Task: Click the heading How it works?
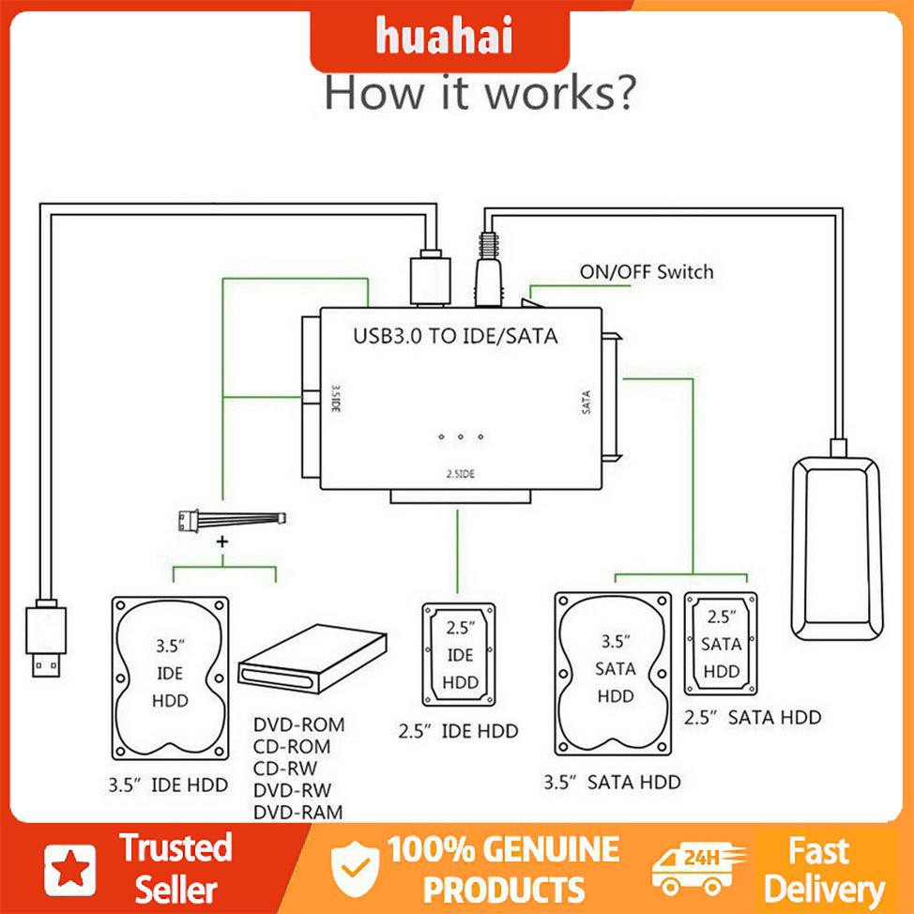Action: [480, 94]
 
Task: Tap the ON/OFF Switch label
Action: [646, 272]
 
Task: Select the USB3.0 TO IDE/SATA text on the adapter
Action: [454, 335]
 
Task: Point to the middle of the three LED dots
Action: [460, 437]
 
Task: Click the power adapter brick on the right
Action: [837, 545]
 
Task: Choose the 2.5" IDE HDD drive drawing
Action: [460, 654]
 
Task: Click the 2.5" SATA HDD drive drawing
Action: [721, 645]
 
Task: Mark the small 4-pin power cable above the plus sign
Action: [231, 519]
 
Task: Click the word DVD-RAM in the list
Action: [298, 813]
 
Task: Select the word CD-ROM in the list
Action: [292, 747]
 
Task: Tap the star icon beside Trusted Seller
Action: [71, 868]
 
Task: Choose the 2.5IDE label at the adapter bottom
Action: [459, 474]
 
